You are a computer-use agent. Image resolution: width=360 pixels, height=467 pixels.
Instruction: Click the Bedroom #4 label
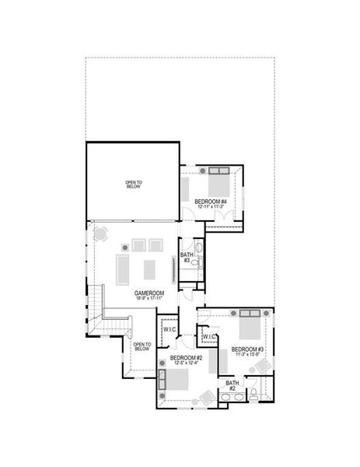pos(211,202)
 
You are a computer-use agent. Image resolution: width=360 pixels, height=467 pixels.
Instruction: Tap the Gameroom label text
pos(148,292)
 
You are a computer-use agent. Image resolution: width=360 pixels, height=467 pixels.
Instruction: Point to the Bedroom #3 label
pos(248,349)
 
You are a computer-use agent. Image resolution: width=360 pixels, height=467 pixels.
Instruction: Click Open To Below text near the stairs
pos(141,346)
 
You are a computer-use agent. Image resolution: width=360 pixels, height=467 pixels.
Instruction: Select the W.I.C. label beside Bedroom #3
pos(208,336)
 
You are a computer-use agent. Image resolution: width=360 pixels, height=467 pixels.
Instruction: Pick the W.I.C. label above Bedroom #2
pos(169,329)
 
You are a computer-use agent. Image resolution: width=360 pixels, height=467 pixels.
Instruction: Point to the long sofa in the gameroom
pos(124,269)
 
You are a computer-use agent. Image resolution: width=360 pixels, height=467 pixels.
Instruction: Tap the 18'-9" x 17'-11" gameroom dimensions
pos(148,298)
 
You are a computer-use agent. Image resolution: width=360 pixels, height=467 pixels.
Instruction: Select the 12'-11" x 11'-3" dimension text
pos(211,208)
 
